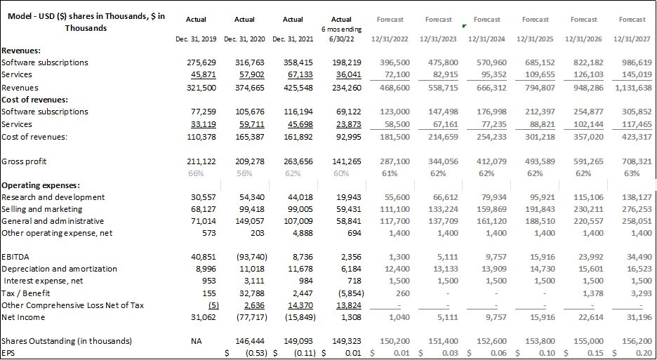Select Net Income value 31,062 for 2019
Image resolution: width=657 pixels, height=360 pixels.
coord(201,317)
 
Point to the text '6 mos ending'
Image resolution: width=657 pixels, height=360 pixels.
coord(342,29)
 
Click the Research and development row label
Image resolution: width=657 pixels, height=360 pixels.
coord(53,197)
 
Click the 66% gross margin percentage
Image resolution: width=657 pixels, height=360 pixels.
coord(208,173)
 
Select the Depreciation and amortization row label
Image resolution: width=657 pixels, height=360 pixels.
coord(59,269)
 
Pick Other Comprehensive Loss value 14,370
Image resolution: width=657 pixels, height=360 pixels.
coord(300,305)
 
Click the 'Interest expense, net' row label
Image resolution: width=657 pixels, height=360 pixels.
coord(43,281)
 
